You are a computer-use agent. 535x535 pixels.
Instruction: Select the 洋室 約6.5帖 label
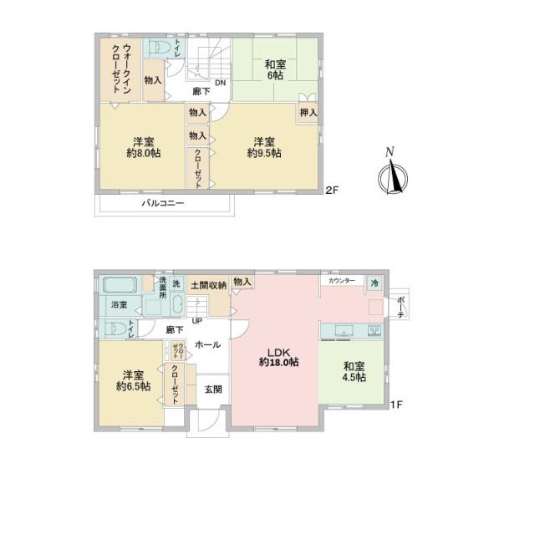coord(133,380)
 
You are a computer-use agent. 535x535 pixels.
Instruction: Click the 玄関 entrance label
coord(213,389)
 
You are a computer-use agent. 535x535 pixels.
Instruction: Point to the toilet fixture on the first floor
coord(118,328)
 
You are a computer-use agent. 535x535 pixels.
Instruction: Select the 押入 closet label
coord(307,111)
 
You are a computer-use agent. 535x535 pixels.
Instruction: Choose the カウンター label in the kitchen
coord(341,281)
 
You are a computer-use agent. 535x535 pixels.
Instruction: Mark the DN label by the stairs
coord(219,83)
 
